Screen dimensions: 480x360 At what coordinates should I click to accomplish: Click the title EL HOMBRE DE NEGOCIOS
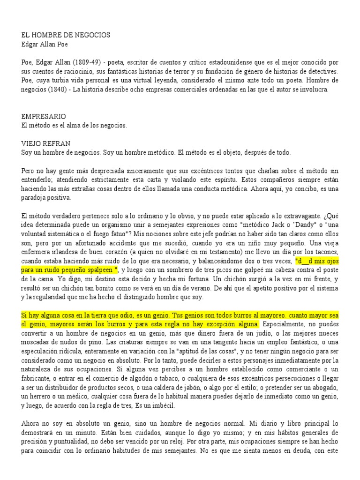tap(66, 36)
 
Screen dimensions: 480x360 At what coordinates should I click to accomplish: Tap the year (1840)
tap(60, 89)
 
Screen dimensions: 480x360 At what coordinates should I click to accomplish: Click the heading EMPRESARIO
tap(44, 116)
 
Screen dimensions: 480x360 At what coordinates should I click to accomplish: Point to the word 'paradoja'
tap(37, 197)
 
